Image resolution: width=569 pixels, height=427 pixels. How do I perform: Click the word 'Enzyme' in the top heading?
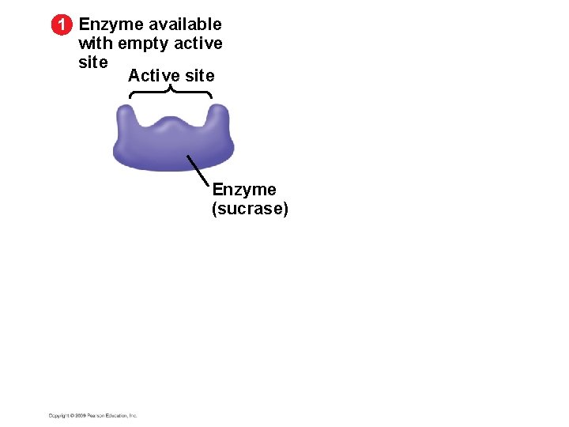(111, 25)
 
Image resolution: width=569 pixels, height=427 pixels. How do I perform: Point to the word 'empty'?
(143, 44)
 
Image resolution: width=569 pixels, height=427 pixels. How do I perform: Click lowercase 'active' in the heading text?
(198, 43)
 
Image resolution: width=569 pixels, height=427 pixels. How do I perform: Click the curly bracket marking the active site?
(171, 93)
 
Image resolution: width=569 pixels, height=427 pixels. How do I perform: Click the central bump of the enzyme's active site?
(172, 125)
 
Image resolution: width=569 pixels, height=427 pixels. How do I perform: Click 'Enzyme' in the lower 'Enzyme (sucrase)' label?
(244, 191)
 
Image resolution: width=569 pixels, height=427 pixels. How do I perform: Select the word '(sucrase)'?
(250, 209)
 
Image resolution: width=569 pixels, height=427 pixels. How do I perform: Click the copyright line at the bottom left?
(93, 415)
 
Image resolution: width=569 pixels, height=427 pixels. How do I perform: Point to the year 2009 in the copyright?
(79, 415)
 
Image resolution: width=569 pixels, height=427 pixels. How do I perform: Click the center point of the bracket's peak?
(171, 88)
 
